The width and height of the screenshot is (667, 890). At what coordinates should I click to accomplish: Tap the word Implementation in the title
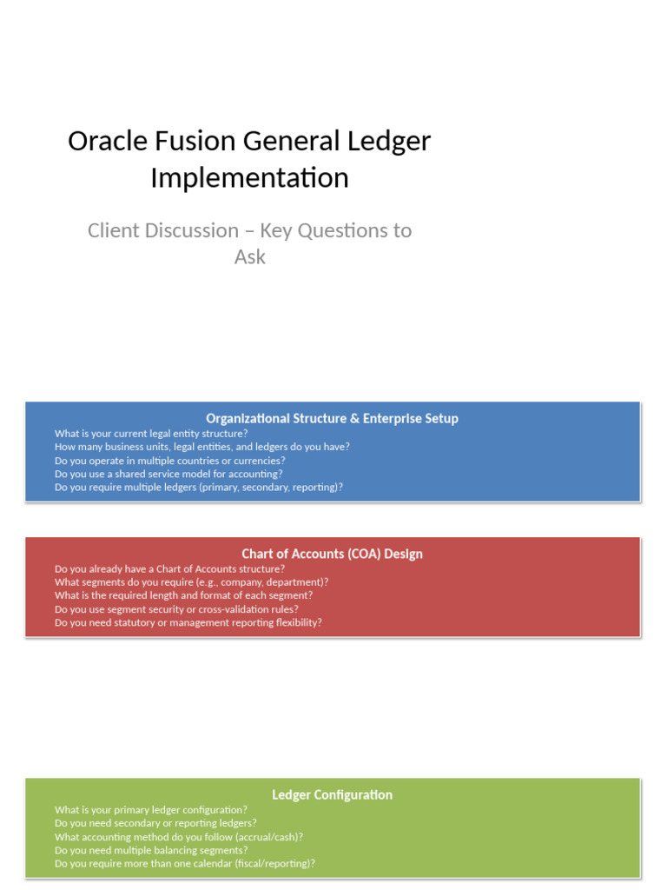249,177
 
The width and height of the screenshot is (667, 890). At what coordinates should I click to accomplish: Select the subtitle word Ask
249,257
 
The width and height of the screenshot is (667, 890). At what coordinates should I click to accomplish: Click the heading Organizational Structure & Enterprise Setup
332,418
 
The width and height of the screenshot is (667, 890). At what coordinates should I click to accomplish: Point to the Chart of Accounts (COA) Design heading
332,554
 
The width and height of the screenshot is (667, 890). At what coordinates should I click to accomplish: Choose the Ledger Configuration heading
332,794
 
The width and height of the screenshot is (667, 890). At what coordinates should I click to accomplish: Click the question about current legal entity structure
151,433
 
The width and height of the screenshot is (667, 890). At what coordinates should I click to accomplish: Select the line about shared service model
168,474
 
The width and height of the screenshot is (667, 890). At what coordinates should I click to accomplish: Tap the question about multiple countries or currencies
169,461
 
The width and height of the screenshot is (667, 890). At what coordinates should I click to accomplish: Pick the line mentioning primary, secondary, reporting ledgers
198,487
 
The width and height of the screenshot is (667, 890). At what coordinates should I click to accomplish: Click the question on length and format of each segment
183,595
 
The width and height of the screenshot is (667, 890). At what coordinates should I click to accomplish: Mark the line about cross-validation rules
176,609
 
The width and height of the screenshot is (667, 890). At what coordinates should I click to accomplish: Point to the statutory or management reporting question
188,622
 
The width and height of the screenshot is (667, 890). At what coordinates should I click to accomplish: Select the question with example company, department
191,582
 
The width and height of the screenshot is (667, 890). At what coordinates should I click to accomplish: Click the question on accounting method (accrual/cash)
178,837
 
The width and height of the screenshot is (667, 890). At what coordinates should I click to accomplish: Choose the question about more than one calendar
184,864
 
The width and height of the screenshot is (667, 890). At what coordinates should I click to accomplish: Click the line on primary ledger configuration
150,809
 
